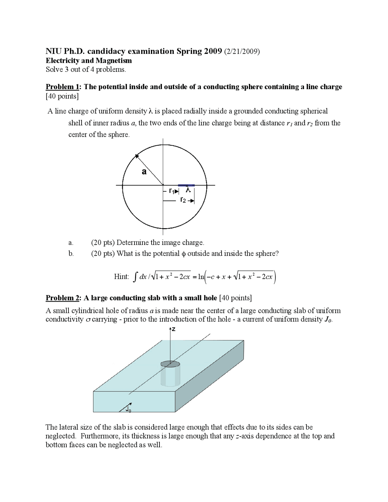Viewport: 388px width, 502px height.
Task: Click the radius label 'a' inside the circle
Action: point(144,172)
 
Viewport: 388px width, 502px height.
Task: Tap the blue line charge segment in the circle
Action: point(186,185)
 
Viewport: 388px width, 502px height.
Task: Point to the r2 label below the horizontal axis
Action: point(183,200)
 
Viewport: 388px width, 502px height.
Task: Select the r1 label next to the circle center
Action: point(172,191)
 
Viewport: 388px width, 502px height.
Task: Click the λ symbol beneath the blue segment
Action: point(188,190)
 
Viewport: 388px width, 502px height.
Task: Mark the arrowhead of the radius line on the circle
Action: point(137,156)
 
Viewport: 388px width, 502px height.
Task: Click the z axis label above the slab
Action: point(173,329)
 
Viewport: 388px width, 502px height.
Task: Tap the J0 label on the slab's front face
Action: point(129,410)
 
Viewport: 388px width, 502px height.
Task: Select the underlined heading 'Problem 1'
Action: point(62,87)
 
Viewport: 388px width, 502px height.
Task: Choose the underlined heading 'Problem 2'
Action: point(62,298)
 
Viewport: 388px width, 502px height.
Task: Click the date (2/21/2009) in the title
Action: point(242,51)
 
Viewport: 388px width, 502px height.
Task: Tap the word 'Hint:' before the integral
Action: point(121,276)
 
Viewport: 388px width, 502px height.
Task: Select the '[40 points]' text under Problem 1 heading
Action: point(62,96)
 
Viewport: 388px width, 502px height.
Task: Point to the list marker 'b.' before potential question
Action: point(71,254)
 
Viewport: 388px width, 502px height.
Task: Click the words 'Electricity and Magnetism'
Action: point(89,61)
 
